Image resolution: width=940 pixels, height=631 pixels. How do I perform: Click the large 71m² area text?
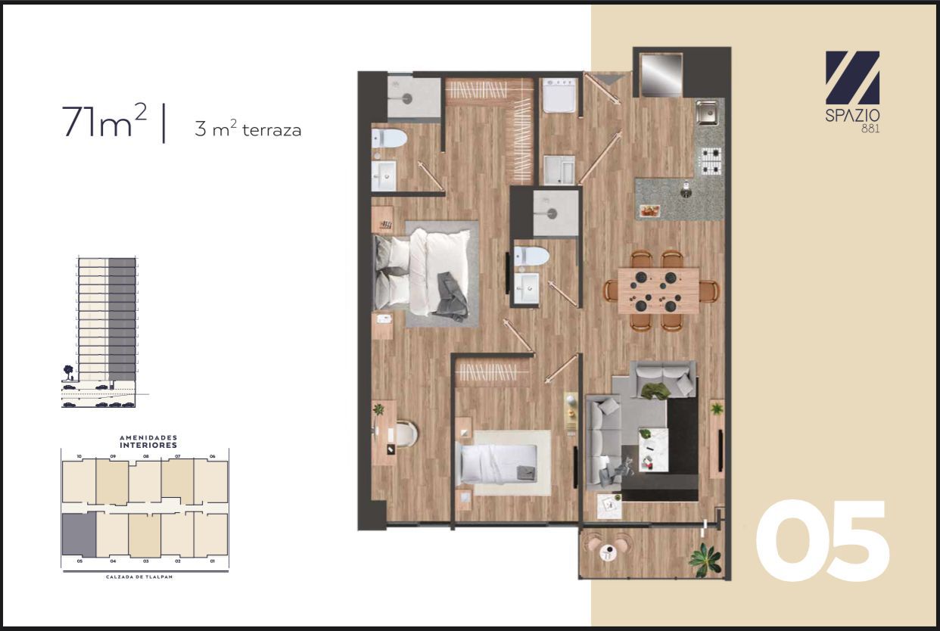[104, 121]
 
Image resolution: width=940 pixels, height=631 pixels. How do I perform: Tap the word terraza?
[272, 129]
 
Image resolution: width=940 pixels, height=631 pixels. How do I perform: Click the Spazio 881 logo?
[852, 92]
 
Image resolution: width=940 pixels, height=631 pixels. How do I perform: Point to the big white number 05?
[822, 540]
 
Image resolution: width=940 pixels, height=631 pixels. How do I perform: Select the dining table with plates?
[658, 291]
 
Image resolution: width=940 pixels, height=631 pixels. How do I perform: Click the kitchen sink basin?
[707, 112]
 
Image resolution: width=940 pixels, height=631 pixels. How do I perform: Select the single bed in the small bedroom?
[499, 464]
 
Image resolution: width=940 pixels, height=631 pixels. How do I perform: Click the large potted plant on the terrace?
[707, 560]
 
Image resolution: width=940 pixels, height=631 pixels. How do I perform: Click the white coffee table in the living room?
[653, 449]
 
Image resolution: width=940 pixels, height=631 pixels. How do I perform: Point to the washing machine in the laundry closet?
[559, 95]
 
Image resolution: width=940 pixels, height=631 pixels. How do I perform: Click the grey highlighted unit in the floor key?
[79, 534]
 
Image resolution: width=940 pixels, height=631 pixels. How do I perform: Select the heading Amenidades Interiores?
[148, 441]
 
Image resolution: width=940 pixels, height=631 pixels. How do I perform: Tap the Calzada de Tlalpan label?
[139, 577]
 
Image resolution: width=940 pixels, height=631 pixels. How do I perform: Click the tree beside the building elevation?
[68, 372]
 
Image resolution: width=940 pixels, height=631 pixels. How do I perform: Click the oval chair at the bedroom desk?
[406, 434]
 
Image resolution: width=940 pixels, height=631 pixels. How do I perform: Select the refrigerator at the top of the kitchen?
[661, 74]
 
